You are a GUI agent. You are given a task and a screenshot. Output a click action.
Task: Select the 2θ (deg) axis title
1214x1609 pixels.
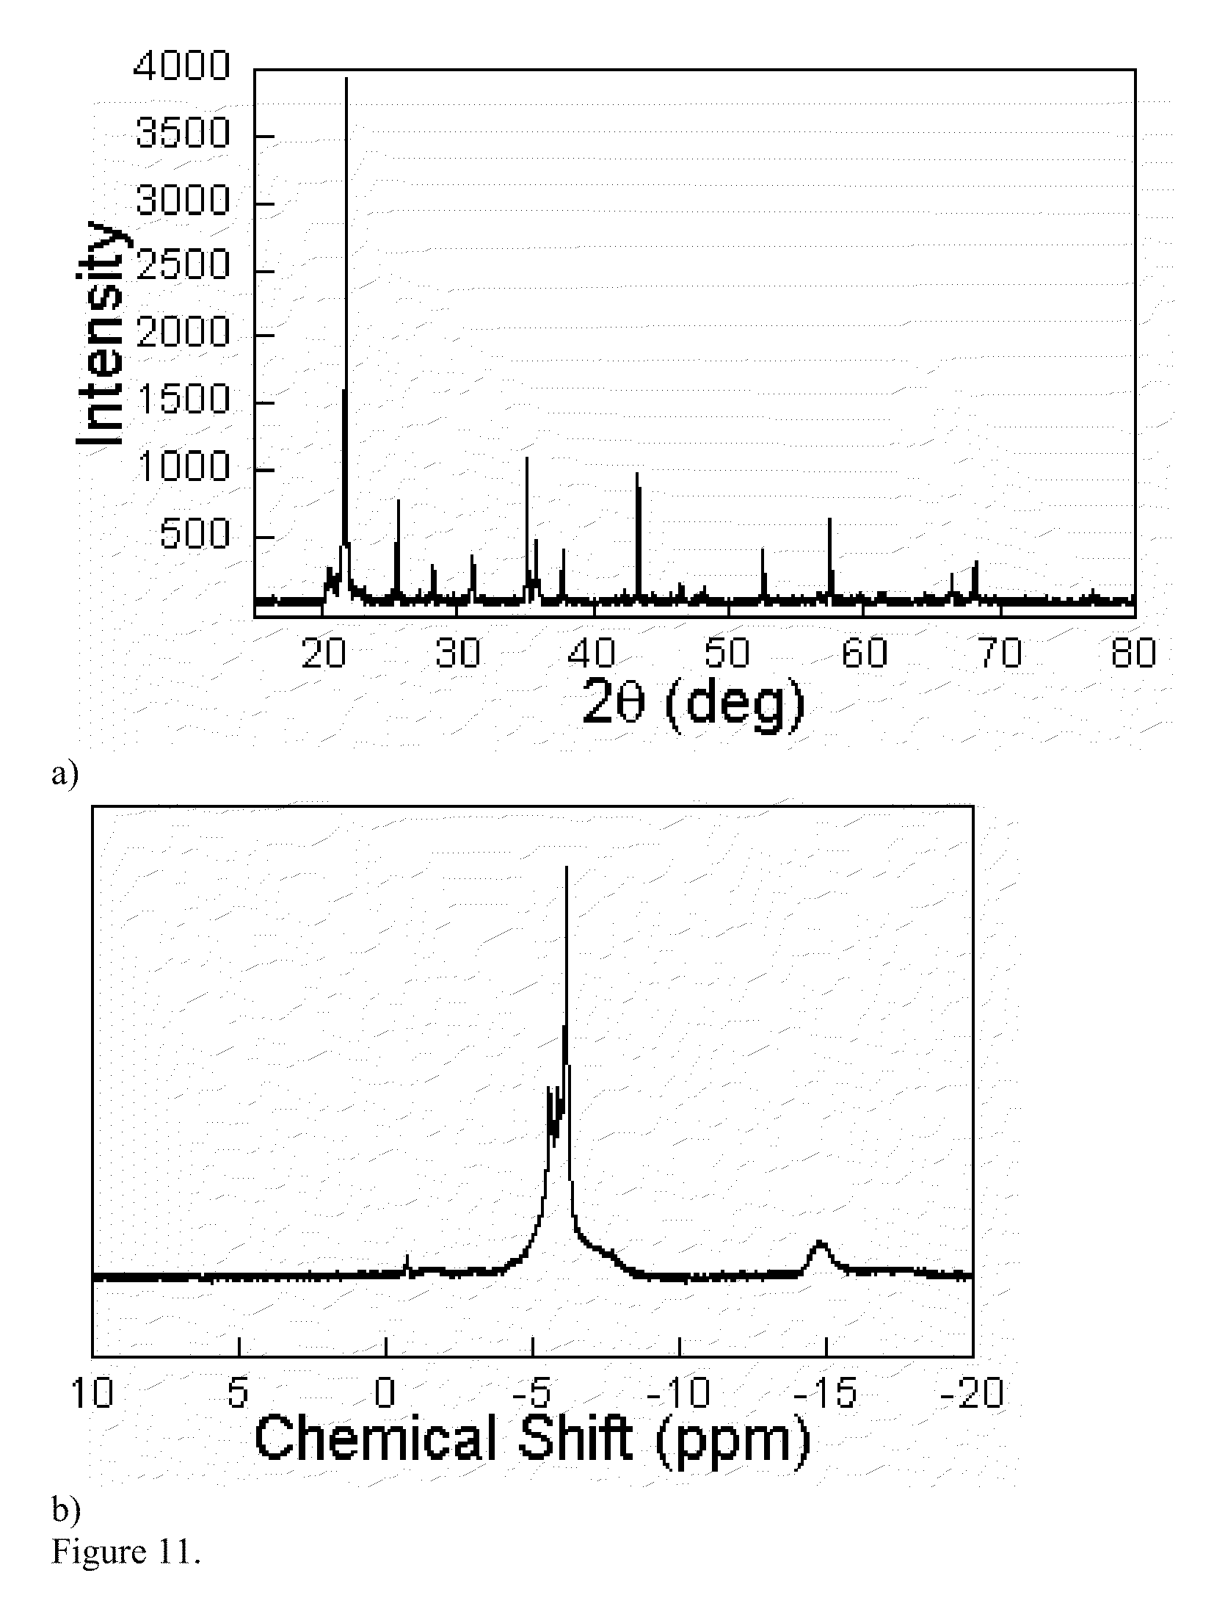(x=694, y=703)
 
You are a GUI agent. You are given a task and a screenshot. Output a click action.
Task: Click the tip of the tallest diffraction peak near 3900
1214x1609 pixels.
(x=346, y=79)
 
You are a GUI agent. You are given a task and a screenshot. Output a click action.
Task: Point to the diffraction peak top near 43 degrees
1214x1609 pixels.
(x=637, y=474)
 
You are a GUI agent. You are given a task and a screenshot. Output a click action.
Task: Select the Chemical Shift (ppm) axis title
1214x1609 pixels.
(x=532, y=1438)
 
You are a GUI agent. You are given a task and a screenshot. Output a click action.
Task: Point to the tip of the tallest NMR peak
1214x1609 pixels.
(x=567, y=868)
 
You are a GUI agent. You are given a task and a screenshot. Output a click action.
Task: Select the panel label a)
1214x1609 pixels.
(x=65, y=773)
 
